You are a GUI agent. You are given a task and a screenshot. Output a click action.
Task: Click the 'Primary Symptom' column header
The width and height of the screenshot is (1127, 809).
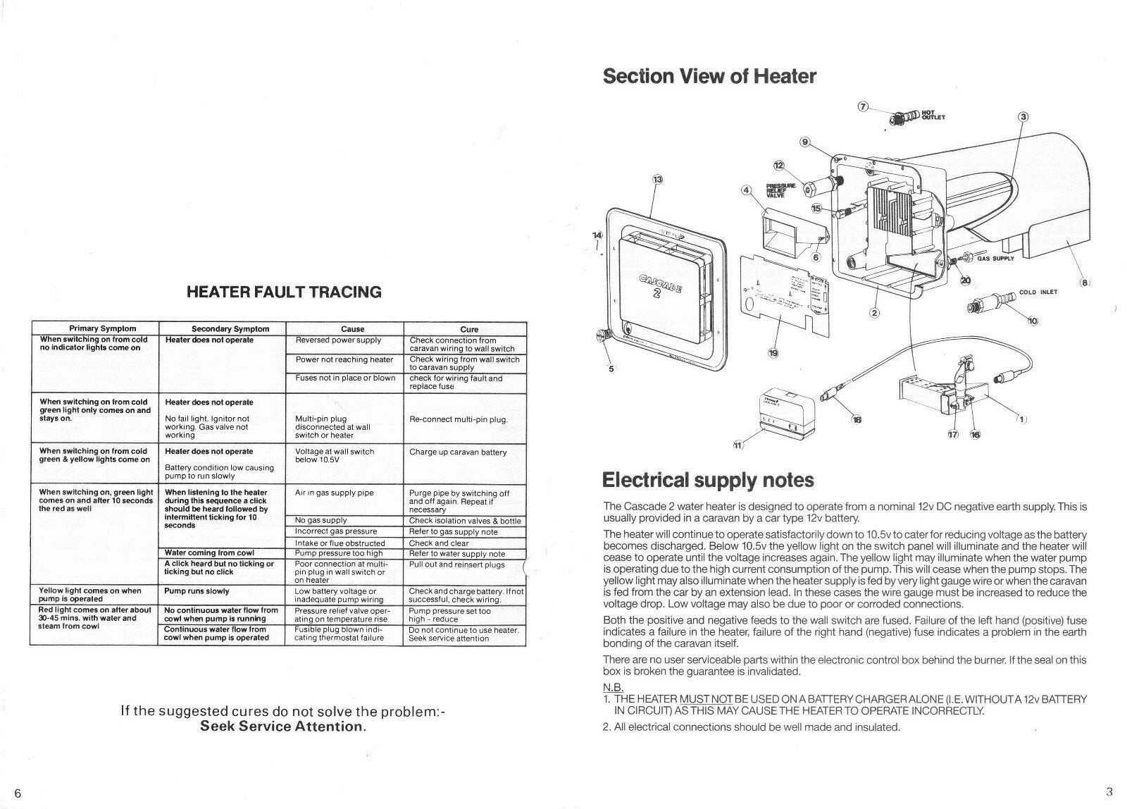102,328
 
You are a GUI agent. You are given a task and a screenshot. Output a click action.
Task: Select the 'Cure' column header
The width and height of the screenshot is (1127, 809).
468,329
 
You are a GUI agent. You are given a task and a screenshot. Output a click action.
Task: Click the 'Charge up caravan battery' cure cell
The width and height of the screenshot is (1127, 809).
458,452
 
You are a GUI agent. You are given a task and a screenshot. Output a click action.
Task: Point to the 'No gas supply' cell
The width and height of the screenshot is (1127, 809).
320,520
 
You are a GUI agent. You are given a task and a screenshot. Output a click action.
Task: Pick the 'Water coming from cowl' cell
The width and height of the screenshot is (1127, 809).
209,552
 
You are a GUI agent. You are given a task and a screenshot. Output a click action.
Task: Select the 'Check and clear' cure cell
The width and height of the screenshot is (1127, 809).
439,543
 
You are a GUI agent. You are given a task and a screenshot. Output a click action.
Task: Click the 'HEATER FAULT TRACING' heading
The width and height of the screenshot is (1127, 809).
284,292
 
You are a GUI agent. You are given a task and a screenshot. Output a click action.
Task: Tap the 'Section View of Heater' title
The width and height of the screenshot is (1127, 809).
709,76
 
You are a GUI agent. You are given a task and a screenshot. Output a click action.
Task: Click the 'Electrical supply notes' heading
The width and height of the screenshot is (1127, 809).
708,481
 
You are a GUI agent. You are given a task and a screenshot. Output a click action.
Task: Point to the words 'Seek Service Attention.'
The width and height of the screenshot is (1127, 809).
283,727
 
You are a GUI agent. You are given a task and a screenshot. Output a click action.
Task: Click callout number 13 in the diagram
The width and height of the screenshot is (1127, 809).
657,180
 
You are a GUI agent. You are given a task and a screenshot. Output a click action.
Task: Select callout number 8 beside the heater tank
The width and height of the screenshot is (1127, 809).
1085,283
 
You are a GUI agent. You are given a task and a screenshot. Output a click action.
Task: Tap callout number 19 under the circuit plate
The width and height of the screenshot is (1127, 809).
773,352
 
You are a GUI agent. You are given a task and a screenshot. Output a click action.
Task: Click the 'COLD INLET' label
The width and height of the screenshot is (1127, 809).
1038,292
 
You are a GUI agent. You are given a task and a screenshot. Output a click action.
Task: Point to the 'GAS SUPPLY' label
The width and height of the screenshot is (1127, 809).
995,259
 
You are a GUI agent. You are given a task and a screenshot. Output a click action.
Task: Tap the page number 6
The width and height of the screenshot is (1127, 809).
18,792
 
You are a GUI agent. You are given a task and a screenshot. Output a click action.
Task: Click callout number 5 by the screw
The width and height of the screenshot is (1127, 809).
611,368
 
